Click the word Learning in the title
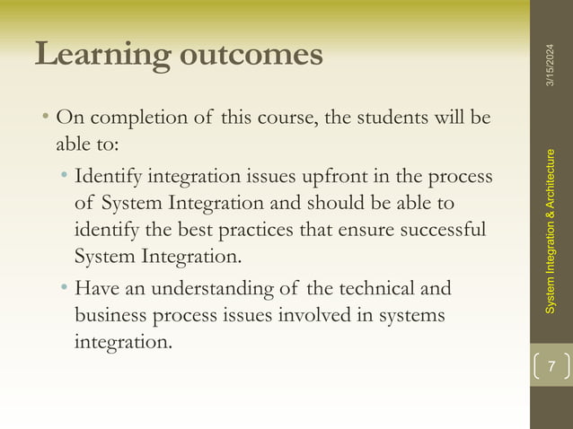pyautogui.click(x=101, y=56)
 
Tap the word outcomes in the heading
pyautogui.click(x=249, y=54)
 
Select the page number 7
pyautogui.click(x=551, y=366)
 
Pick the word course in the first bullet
pyautogui.click(x=269, y=118)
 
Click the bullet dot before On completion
pyautogui.click(x=44, y=118)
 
